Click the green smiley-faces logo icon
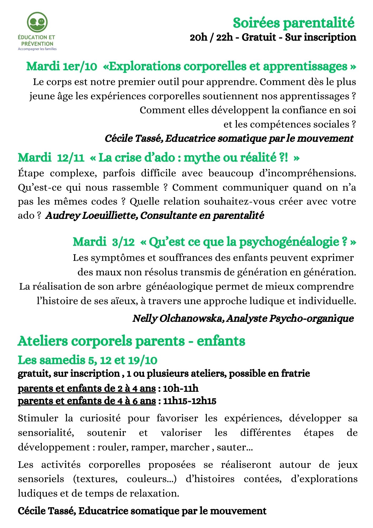click(37, 22)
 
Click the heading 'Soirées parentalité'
click(293, 23)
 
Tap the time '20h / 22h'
click(211, 37)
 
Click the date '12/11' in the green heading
click(70, 158)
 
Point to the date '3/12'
click(123, 242)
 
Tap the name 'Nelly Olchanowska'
click(178, 318)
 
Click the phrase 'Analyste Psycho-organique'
click(290, 318)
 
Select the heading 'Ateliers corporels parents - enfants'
click(131, 341)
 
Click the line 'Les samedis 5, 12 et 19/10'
click(88, 360)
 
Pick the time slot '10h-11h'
click(181, 388)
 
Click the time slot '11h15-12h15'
click(190, 401)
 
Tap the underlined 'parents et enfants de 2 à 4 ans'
click(87, 388)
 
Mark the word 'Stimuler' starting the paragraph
click(38, 418)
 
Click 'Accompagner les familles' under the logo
click(37, 49)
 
